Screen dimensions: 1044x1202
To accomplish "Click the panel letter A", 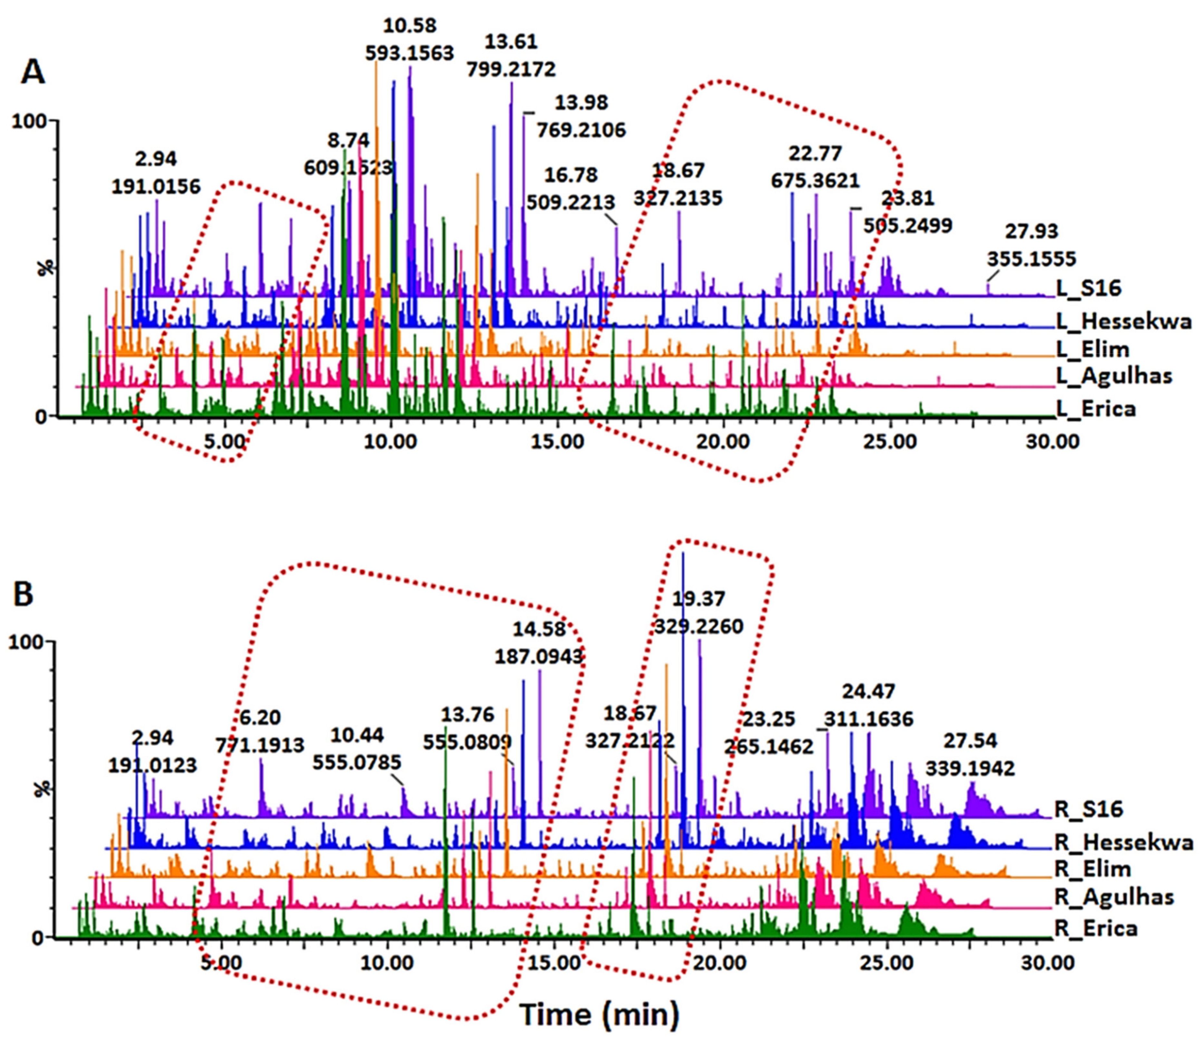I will click(33, 74).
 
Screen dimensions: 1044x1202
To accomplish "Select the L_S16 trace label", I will click(1088, 288).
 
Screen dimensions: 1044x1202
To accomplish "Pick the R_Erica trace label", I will click(1095, 927).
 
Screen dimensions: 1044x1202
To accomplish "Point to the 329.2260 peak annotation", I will click(698, 626).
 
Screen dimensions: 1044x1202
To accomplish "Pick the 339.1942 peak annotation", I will click(970, 768).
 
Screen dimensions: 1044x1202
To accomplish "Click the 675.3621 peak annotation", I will click(815, 180).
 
